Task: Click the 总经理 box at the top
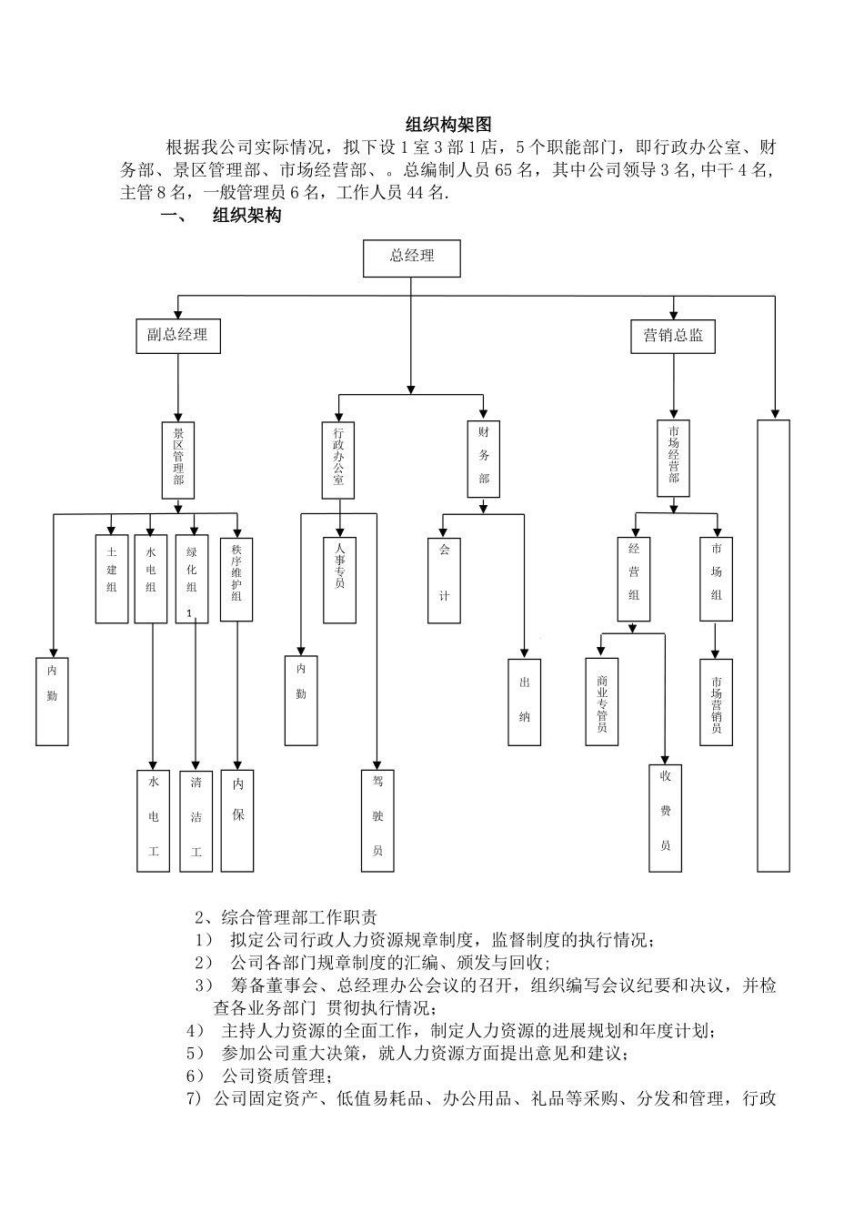(x=411, y=258)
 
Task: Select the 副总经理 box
(x=177, y=335)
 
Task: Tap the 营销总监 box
(x=673, y=335)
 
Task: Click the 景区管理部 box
(x=178, y=460)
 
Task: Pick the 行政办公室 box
(x=338, y=460)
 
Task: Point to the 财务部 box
(x=484, y=459)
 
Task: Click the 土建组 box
(x=112, y=579)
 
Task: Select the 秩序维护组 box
(x=236, y=579)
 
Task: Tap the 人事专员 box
(x=339, y=580)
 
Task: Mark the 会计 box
(x=444, y=580)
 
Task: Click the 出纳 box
(x=524, y=702)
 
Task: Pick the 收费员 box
(x=665, y=819)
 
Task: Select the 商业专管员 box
(x=602, y=702)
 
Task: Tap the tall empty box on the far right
(x=773, y=645)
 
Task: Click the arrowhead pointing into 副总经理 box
(x=177, y=315)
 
